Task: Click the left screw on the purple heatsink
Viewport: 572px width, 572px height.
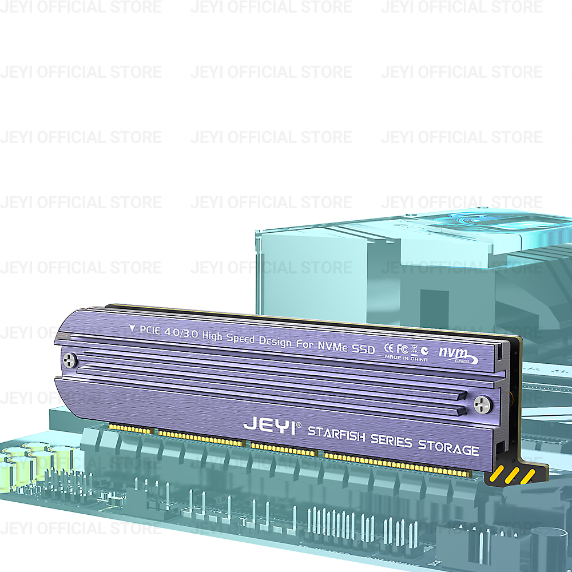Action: [69, 360]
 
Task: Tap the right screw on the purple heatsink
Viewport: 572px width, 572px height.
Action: [482, 404]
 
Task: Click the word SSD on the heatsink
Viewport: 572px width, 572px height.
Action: [364, 348]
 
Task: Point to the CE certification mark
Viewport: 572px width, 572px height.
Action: [389, 347]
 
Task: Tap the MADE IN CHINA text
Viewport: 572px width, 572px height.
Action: [406, 358]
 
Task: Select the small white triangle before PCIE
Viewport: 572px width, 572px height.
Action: [132, 328]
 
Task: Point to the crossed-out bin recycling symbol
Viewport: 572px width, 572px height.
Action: [414, 349]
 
